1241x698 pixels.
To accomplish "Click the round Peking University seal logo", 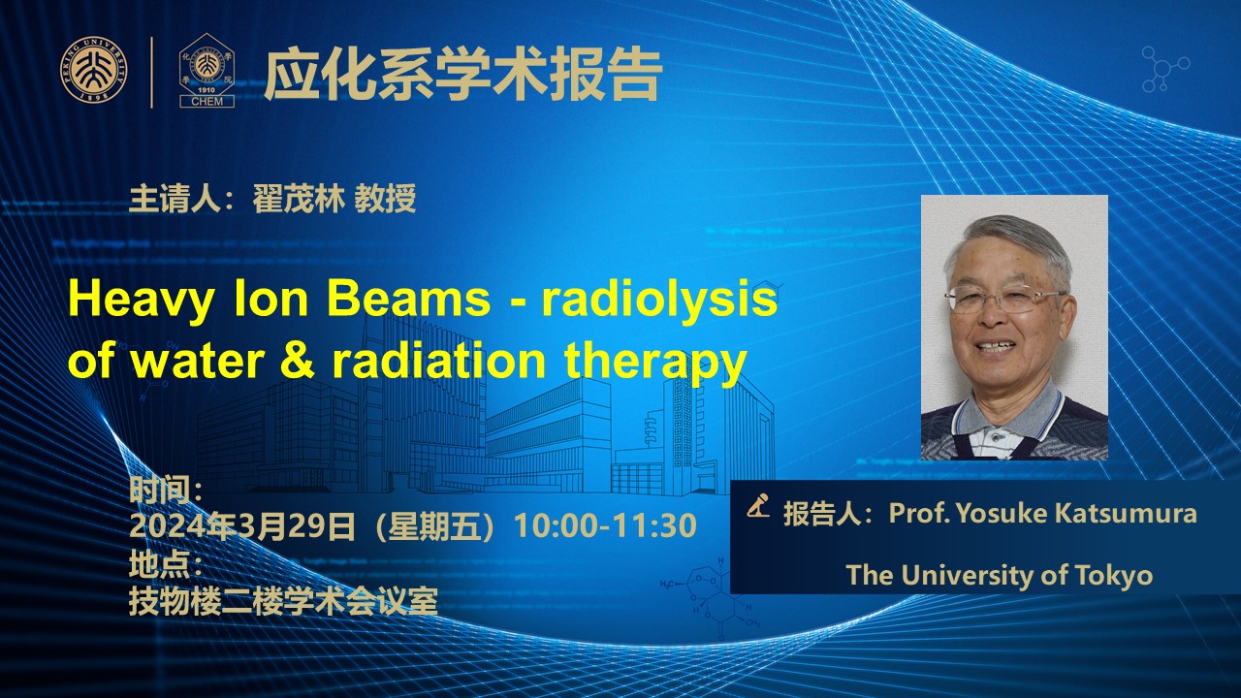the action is [94, 70].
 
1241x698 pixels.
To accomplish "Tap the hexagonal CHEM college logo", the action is [207, 71].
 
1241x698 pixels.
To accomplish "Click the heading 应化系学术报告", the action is [463, 75].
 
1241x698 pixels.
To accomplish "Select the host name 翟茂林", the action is [300, 199].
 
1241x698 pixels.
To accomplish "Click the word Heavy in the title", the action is [141, 300].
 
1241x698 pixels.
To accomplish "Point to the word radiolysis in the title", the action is [659, 300].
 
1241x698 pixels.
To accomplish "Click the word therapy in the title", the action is [654, 363].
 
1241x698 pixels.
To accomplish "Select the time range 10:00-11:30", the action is [606, 525].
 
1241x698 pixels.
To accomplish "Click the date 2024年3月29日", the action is [241, 525].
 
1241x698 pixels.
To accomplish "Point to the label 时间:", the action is [165, 489].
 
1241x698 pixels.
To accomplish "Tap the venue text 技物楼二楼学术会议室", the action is [284, 601].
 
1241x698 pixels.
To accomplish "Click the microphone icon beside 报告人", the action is [758, 505].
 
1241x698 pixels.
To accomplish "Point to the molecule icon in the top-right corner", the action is [1165, 69].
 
